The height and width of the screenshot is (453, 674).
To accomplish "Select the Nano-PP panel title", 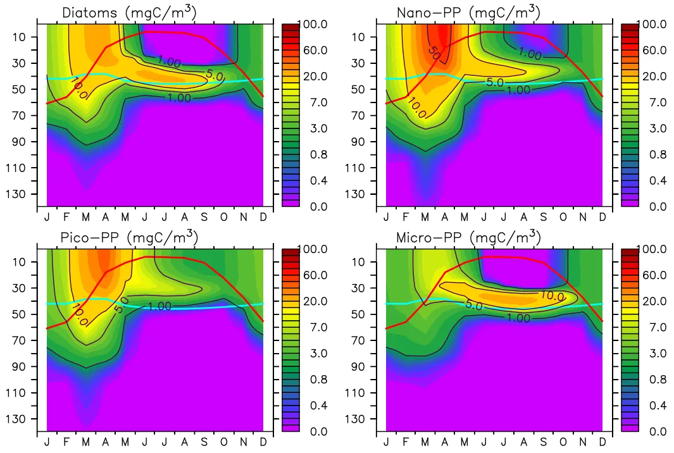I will tap(468, 12).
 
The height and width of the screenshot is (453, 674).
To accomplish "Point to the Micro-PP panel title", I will tap(468, 237).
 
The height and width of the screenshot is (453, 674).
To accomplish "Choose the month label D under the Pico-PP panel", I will tap(263, 443).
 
